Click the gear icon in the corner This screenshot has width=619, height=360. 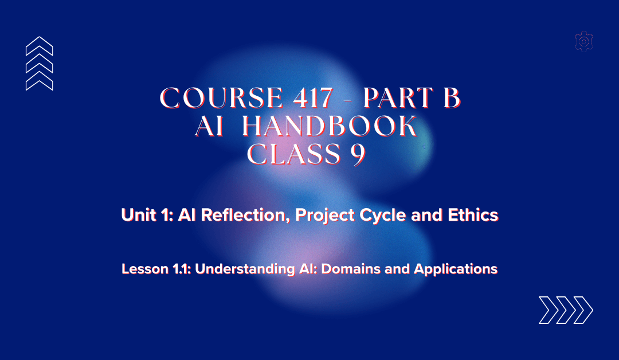pos(583,41)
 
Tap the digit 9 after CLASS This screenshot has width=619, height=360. pos(359,155)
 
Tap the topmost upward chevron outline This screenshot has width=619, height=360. pos(40,46)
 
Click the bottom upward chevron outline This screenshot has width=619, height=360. pos(40,81)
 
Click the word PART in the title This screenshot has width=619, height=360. pos(392,99)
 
